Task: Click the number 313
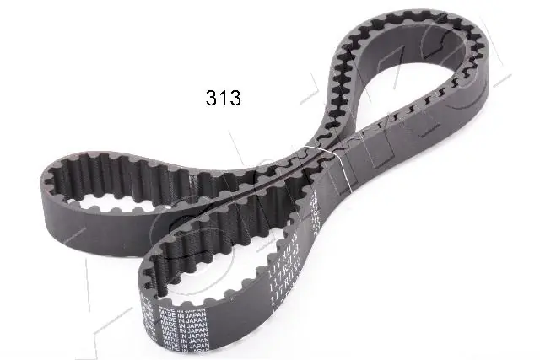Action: tap(224, 98)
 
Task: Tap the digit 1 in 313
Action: tap(224, 98)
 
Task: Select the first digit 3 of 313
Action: tap(213, 98)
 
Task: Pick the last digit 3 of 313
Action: tap(235, 98)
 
